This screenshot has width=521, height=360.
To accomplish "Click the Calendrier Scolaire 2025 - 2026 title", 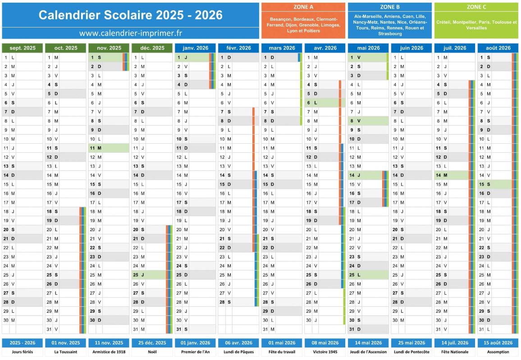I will click(x=130, y=15).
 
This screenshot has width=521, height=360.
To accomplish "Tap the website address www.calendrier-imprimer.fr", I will click(x=130, y=33).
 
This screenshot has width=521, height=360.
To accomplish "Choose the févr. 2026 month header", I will click(x=238, y=48).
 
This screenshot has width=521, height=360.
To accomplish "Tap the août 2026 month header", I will click(x=498, y=48).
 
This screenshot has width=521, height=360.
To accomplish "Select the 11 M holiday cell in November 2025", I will click(x=109, y=148).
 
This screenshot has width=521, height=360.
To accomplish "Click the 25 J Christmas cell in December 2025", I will click(x=152, y=274).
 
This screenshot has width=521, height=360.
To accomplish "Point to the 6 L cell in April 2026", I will click(x=324, y=103).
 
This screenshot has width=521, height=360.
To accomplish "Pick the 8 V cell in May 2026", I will click(x=368, y=121).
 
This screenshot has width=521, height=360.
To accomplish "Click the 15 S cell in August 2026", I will click(x=494, y=184).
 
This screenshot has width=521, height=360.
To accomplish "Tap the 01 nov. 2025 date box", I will click(x=65, y=343).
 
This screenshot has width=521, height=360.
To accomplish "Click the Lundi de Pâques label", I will click(x=238, y=352).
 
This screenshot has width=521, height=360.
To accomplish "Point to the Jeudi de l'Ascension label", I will click(x=368, y=352).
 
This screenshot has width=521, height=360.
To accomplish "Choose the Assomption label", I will click(x=498, y=352).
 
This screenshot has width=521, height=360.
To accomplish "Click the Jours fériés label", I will click(x=22, y=352).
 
